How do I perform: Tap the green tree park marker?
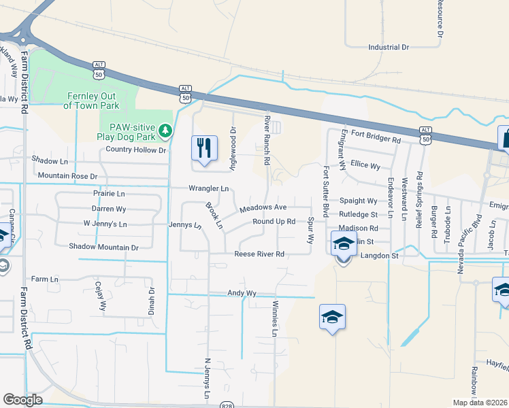164,129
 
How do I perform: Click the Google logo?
22,400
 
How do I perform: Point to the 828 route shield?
227,405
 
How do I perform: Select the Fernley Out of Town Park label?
91,101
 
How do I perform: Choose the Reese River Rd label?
259,254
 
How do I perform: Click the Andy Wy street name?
242,293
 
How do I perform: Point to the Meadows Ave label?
263,207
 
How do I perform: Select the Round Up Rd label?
274,221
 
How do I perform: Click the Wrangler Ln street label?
208,188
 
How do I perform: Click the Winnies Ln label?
275,318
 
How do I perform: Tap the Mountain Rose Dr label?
67,175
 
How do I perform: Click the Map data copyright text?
479,403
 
